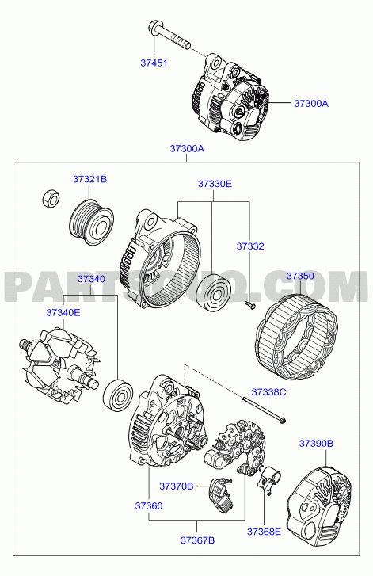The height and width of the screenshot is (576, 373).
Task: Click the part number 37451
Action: coord(154,63)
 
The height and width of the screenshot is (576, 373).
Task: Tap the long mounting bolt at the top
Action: coord(169,35)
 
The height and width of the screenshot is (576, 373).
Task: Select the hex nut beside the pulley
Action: coord(51,199)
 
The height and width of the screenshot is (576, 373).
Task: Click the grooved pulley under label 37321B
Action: coord(91,223)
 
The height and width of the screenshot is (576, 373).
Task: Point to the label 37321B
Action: coord(90,179)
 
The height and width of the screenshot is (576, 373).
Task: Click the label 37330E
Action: coord(215,184)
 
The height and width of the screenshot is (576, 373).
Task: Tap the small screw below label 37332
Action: coord(250,304)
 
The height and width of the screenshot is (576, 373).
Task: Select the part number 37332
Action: coord(250,246)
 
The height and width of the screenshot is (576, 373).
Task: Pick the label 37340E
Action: coord(63,313)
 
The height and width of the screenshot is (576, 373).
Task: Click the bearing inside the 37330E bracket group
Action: coord(213,292)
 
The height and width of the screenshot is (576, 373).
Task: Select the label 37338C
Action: coord(268,392)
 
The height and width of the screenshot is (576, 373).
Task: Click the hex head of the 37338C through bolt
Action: coord(282,420)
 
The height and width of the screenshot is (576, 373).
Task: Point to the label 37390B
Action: coord(316,444)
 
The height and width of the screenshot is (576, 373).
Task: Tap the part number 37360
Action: coord(149,505)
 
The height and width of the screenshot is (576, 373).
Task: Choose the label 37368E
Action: coord(264,532)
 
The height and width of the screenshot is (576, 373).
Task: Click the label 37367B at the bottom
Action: coord(197,540)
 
